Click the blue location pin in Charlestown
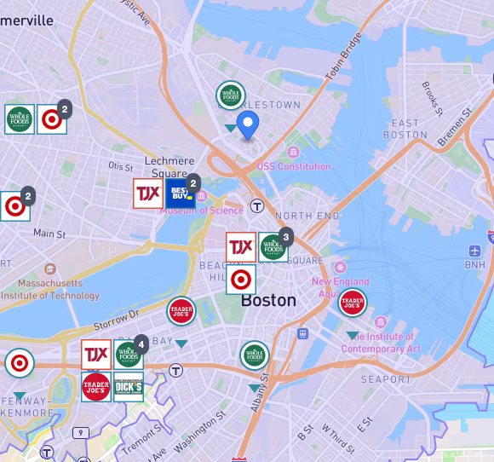(248, 124)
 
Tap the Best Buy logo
(178, 193)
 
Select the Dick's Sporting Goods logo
(129, 387)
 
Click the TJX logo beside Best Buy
(147, 193)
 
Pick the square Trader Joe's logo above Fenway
(95, 387)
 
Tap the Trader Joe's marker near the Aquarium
(353, 302)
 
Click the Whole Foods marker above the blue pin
(231, 95)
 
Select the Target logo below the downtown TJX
(240, 279)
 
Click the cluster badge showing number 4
(141, 343)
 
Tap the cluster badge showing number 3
(286, 236)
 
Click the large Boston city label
(268, 300)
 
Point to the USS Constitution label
(293, 166)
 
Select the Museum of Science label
(202, 211)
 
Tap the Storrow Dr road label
(116, 319)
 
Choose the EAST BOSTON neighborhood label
(405, 129)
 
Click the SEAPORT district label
(386, 378)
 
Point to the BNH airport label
(474, 265)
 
